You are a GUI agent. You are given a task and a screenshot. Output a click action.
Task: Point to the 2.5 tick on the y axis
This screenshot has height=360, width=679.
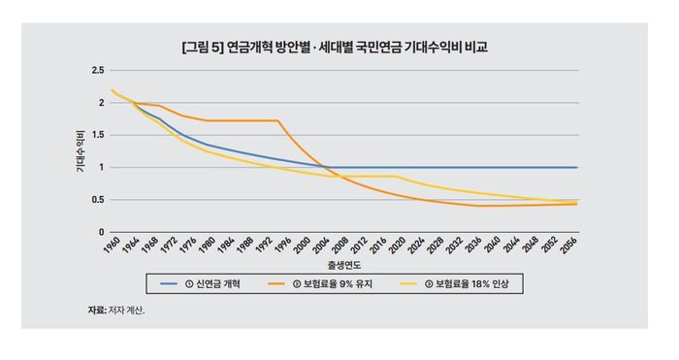click(x=98, y=71)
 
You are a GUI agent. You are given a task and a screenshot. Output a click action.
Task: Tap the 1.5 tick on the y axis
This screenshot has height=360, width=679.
click(x=98, y=135)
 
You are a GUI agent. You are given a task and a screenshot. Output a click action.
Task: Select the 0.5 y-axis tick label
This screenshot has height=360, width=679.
click(x=98, y=200)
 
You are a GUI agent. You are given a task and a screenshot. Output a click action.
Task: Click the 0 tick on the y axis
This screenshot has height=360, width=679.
click(x=101, y=232)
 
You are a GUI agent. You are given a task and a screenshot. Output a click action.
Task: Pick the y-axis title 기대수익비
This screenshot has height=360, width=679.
click(x=79, y=151)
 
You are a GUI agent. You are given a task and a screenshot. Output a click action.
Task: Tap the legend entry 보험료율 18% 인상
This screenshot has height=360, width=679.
click(x=475, y=283)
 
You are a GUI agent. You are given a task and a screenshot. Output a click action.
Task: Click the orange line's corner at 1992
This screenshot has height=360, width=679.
click(x=278, y=120)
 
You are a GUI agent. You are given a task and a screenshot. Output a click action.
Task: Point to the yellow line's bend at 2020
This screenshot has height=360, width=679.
click(x=396, y=177)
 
